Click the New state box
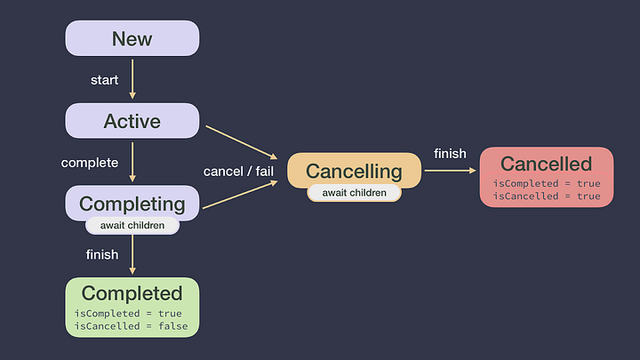[132, 39]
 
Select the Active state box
[132, 121]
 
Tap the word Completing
[132, 204]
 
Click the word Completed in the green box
[132, 293]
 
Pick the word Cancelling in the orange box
[354, 171]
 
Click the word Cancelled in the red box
[546, 164]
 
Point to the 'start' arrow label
[104, 80]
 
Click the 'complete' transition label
[89, 163]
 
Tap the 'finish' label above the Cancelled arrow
[450, 154]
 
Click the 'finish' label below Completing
[101, 254]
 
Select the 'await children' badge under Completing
[132, 225]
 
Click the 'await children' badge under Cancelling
[354, 192]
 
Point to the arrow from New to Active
[132, 79]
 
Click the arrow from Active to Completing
[132, 162]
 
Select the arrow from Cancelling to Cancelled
[450, 171]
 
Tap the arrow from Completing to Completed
[132, 255]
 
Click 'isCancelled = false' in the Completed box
[128, 326]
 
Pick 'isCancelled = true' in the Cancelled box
[546, 196]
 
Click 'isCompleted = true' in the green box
[128, 313]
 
